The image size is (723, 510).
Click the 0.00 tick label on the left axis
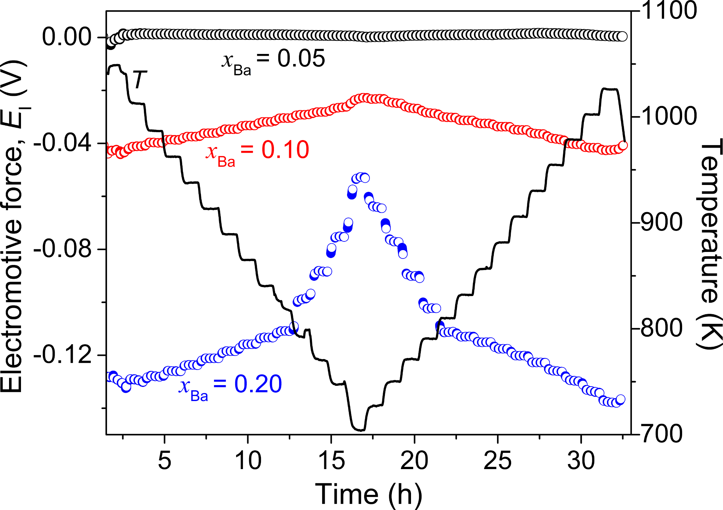pyautogui.click(x=67, y=37)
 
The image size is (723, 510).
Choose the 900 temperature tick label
pyautogui.click(x=662, y=222)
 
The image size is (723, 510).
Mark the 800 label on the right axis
pyautogui.click(x=662, y=328)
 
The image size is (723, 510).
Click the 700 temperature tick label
pyautogui.click(x=662, y=434)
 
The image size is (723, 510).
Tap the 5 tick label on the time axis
pyautogui.click(x=164, y=460)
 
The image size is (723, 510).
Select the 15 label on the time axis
pyautogui.click(x=331, y=460)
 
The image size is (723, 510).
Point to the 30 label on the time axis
pyautogui.click(x=581, y=460)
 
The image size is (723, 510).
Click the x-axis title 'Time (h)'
pyautogui.click(x=369, y=494)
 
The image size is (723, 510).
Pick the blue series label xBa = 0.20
pyautogui.click(x=230, y=385)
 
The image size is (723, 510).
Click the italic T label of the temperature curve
pyautogui.click(x=140, y=80)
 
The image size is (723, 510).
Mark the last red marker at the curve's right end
pyautogui.click(x=623, y=146)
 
